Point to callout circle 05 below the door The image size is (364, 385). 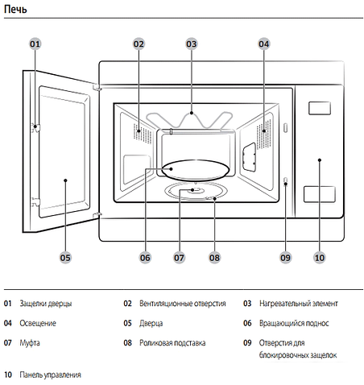tap(65, 258)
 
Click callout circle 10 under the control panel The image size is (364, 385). tap(320, 258)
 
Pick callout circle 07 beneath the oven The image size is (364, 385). tap(179, 258)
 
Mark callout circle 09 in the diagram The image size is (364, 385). tap(285, 258)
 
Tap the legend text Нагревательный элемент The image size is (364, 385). tap(299, 304)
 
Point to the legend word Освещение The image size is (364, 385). tap(38, 323)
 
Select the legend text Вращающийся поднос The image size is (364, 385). tap(296, 323)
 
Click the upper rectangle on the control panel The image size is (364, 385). tap(320, 107)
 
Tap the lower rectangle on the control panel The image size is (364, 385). tap(319, 193)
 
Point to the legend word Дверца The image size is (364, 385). tap(151, 323)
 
